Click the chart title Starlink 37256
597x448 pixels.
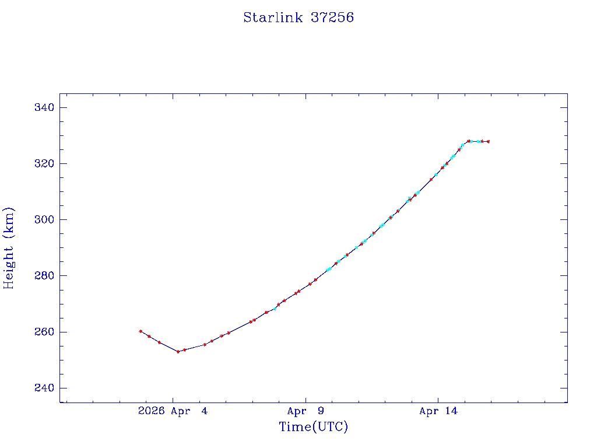(x=298, y=17)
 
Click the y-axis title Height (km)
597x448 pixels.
(x=9, y=248)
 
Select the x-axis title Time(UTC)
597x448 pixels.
(x=314, y=427)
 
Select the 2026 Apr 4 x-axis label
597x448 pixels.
(x=173, y=411)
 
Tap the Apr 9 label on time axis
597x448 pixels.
(x=305, y=411)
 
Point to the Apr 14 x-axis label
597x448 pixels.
(x=438, y=411)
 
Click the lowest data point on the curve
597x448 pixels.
(x=178, y=352)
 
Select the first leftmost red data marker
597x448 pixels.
(x=141, y=331)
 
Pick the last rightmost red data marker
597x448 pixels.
(x=488, y=141)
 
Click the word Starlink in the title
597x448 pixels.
(x=273, y=17)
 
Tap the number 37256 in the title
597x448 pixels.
(x=332, y=17)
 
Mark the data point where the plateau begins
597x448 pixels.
(x=469, y=141)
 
